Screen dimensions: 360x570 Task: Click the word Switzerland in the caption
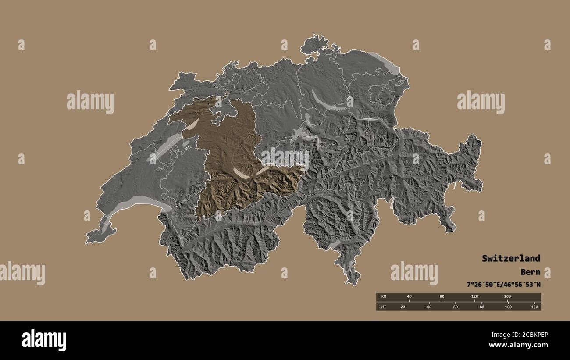coord(511,258)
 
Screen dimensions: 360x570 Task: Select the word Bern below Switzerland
coord(531,272)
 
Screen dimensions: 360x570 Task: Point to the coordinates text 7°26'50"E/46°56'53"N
coord(503,285)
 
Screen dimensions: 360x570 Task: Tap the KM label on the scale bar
coord(384,297)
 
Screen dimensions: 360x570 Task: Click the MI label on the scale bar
coord(384,307)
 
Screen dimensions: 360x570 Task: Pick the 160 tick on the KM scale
coord(507,297)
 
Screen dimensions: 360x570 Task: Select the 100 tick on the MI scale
coord(508,307)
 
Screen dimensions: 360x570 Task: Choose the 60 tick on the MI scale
coord(456,307)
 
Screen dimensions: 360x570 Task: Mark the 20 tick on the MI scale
coord(403,307)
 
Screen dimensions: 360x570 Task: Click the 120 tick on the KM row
coord(474,297)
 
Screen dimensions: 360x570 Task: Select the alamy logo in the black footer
coord(44,340)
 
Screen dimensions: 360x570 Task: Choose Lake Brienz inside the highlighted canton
coord(263,169)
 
